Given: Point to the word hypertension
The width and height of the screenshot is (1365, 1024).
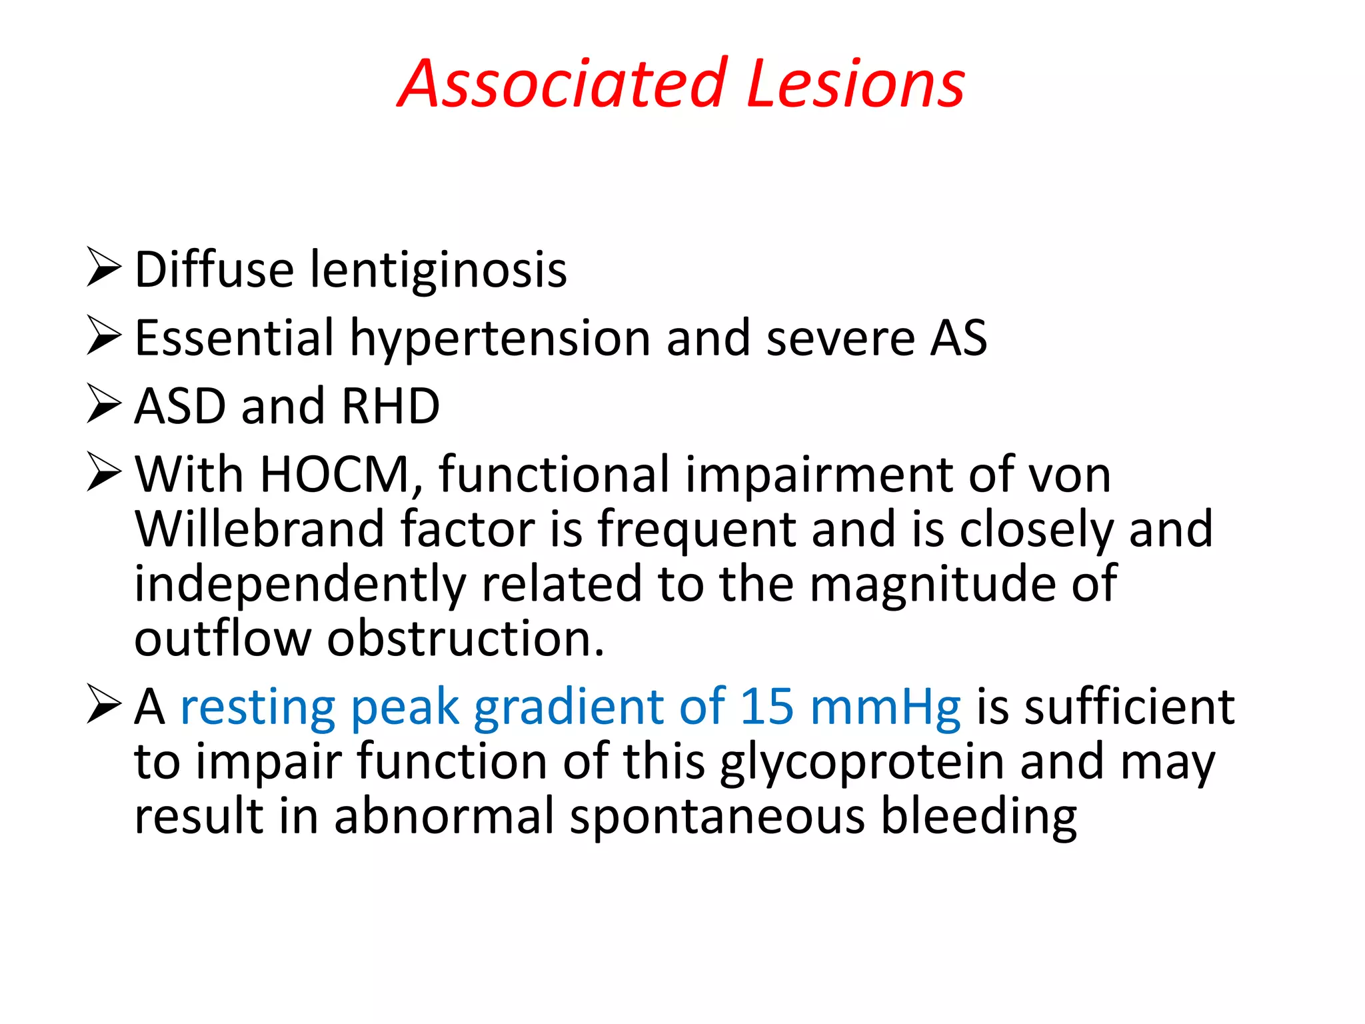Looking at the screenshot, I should (x=500, y=339).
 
